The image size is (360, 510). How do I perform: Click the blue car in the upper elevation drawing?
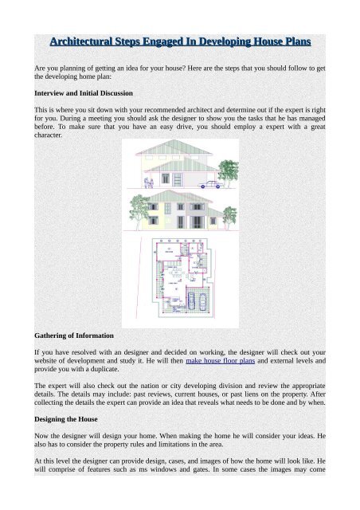tap(210, 185)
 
